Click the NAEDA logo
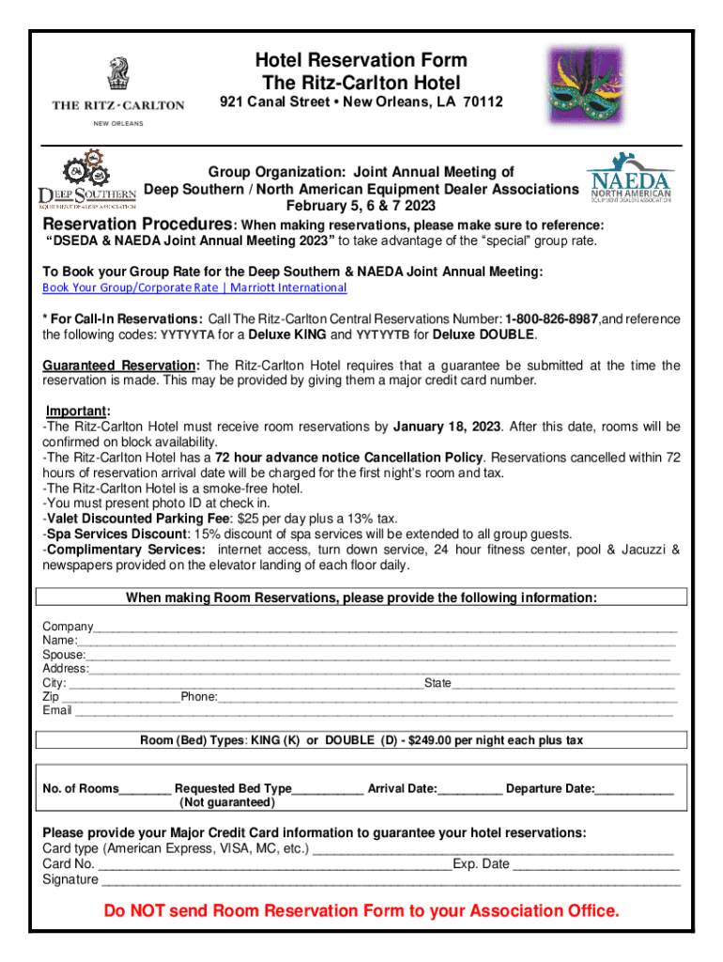point(628,179)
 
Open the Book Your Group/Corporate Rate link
point(194,287)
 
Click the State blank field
point(563,683)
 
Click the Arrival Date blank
point(470,789)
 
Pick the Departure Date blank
point(634,789)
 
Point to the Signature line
point(390,880)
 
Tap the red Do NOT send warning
point(361,911)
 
